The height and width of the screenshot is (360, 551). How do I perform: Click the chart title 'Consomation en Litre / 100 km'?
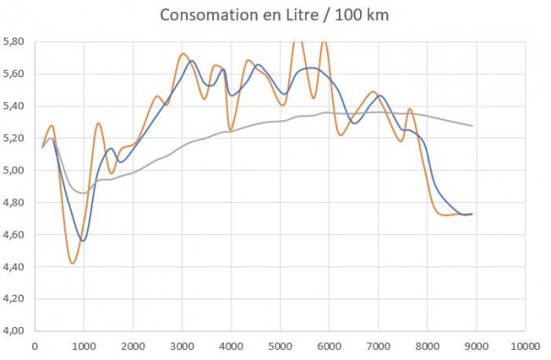click(275, 17)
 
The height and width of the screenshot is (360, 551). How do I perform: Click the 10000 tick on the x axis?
click(524, 346)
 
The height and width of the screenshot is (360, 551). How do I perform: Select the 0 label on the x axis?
click(34, 346)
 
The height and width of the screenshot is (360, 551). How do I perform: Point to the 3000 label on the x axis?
click(181, 346)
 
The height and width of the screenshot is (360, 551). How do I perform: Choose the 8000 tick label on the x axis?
click(426, 346)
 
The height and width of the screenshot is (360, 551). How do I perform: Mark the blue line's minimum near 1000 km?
click(83, 241)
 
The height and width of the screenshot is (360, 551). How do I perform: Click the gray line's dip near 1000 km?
click(83, 193)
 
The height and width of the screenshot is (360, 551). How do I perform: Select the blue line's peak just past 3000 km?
click(192, 61)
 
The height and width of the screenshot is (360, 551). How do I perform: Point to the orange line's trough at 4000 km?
click(231, 129)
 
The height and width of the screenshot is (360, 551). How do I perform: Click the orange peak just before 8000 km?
click(410, 109)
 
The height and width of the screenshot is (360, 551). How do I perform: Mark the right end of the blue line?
click(472, 214)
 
